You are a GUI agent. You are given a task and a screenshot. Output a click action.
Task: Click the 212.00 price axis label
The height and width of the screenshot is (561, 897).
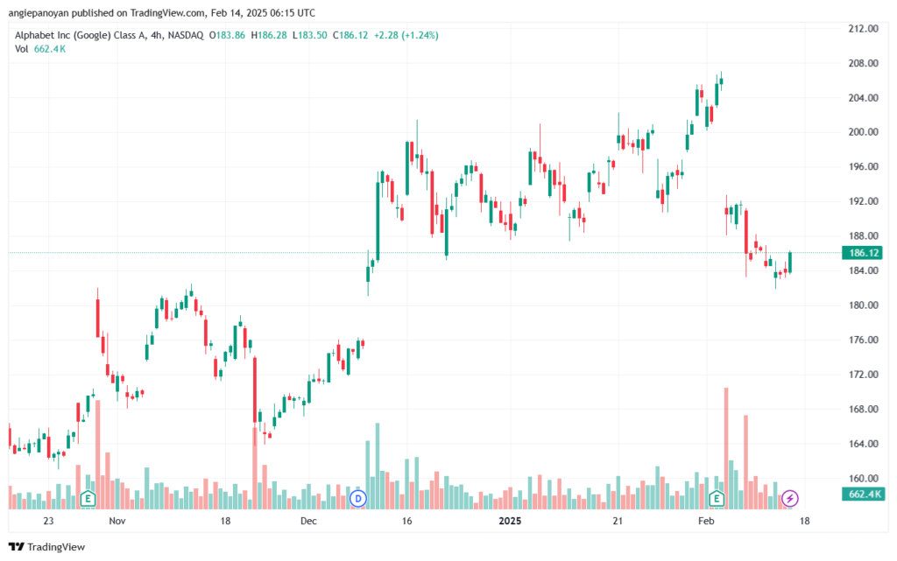tap(863, 29)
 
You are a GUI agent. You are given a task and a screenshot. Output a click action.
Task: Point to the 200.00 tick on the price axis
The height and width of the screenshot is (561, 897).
tap(863, 132)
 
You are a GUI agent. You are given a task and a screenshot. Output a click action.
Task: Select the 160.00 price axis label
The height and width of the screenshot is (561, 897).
tap(863, 478)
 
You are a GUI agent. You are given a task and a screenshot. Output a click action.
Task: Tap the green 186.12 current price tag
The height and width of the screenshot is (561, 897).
tap(863, 253)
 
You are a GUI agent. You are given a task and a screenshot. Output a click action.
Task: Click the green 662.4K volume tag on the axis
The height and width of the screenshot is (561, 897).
tap(864, 494)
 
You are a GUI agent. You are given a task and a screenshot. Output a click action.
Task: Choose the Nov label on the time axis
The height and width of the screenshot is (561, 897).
tap(117, 521)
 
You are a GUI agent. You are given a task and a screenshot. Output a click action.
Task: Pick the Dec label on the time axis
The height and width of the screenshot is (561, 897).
tap(308, 521)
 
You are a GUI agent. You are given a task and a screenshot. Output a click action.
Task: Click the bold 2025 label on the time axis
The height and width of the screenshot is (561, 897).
tap(510, 521)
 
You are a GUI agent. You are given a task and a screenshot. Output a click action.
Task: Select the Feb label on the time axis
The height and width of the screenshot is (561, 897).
tap(706, 521)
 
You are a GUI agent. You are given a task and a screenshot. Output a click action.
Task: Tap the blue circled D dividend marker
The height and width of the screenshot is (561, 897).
tap(358, 498)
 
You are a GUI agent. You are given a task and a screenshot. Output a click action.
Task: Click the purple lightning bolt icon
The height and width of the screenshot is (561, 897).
tap(790, 498)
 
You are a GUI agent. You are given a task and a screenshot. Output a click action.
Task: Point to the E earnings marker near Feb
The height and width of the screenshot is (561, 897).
tap(717, 498)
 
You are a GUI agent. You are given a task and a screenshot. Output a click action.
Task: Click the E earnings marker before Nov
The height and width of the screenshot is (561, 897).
tap(88, 498)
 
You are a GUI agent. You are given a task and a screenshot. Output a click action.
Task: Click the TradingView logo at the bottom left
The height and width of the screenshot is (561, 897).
tap(47, 547)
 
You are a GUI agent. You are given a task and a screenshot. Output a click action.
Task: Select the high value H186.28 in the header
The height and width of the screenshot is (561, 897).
tap(269, 35)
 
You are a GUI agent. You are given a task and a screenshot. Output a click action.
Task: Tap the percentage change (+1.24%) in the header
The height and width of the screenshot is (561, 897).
tap(420, 35)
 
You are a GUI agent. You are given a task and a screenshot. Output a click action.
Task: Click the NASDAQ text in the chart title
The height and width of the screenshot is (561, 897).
tap(186, 35)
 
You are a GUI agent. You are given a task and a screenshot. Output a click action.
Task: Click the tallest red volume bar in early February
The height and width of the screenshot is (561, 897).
tap(726, 448)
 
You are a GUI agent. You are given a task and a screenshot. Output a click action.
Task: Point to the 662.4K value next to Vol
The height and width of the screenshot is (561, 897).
tap(50, 49)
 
